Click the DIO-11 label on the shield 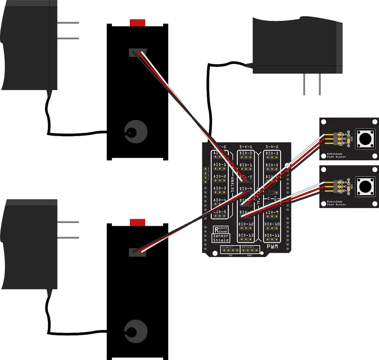(x=272, y=235)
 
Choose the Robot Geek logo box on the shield (x=221, y=229)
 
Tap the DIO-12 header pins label (x=246, y=224)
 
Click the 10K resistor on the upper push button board (x=350, y=139)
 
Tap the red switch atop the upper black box (x=137, y=22)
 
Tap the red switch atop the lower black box (x=137, y=222)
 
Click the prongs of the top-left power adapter (x=67, y=30)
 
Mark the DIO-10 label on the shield (x=272, y=224)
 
